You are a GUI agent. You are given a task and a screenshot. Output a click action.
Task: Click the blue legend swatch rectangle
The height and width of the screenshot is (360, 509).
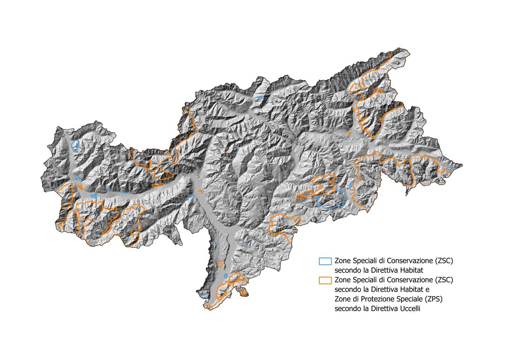pyautogui.click(x=325, y=261)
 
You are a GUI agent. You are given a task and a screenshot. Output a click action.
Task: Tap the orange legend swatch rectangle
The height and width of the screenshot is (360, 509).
pyautogui.click(x=325, y=280)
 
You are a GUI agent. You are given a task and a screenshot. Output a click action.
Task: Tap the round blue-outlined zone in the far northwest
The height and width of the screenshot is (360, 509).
pyautogui.click(x=75, y=145)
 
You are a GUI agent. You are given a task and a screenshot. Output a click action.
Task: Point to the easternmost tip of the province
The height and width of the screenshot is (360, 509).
pyautogui.click(x=462, y=165)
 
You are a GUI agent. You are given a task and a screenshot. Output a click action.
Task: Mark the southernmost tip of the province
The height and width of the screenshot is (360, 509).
pyautogui.click(x=209, y=310)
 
